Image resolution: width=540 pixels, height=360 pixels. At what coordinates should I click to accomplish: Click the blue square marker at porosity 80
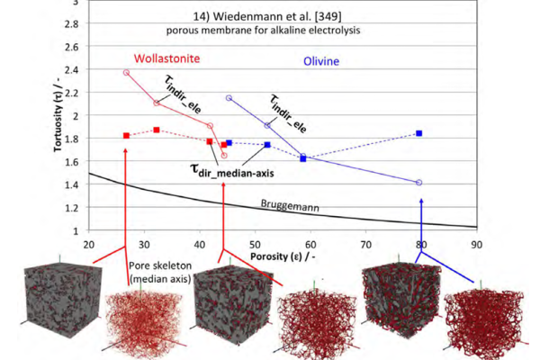(x=419, y=133)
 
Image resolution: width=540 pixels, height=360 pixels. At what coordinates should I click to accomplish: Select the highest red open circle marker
(x=126, y=72)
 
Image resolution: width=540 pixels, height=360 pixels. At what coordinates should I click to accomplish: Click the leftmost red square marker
(x=126, y=136)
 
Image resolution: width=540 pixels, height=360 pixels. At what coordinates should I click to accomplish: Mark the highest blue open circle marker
(x=229, y=98)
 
